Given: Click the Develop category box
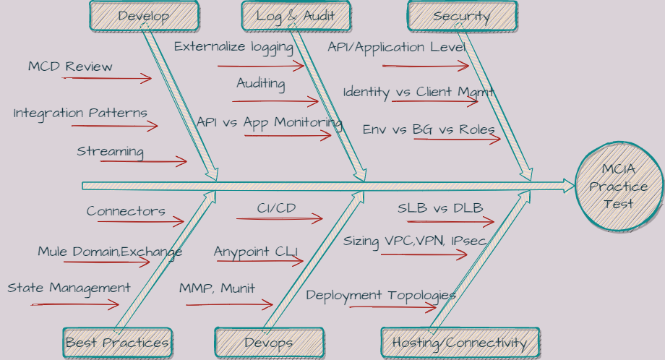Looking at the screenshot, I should pos(143,16).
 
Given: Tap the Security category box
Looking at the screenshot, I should pos(461,16).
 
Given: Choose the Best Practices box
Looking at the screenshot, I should pos(117,342).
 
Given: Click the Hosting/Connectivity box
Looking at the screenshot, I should pos(459,342).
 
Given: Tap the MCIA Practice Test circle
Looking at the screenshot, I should pos(618,187).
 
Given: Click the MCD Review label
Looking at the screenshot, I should pos(70,67).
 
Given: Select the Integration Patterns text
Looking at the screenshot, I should pos(80,113).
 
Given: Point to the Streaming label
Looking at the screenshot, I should pos(110,151).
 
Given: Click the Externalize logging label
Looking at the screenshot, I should pos(233,47).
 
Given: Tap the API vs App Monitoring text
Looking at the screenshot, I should pos(270,122).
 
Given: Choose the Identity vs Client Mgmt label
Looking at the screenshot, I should pos(419,92).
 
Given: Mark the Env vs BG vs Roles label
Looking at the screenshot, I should pos(429,129).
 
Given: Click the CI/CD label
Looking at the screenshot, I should pos(276,207).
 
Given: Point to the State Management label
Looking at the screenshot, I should pos(69,288).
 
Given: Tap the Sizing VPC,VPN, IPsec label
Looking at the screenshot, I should pos(415,241).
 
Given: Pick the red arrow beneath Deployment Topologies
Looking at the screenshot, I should pos(394,307).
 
